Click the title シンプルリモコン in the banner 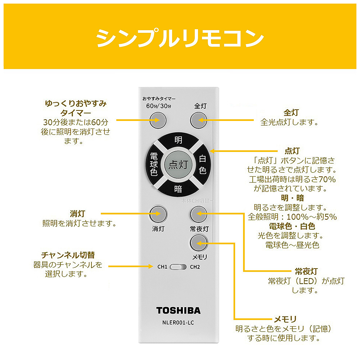[180, 37]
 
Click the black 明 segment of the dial [178, 140]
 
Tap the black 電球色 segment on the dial [154, 164]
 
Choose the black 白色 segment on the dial [202, 164]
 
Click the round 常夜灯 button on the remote [198, 215]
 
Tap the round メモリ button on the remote [198, 244]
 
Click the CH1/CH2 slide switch [178, 267]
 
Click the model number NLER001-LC [178, 323]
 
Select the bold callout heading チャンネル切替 [68, 255]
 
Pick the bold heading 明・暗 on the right [292, 198]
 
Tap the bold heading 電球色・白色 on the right [292, 226]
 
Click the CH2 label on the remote [195, 267]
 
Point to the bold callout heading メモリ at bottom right [285, 319]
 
